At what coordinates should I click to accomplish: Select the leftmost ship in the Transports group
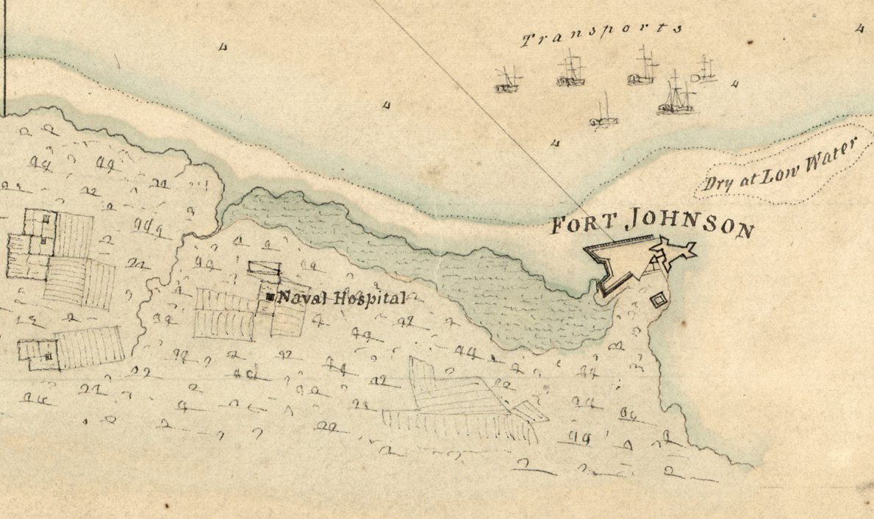pyautogui.click(x=507, y=81)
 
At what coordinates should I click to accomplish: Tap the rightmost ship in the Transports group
pyautogui.click(x=704, y=71)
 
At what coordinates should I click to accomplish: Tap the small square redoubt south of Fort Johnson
pyautogui.click(x=658, y=300)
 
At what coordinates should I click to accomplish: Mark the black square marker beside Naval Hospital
pyautogui.click(x=271, y=297)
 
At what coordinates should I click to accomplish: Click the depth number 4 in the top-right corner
pyautogui.click(x=859, y=29)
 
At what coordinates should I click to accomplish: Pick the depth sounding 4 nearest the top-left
pyautogui.click(x=223, y=48)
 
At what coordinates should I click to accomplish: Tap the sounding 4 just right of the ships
pyautogui.click(x=735, y=84)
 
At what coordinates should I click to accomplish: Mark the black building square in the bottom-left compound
pyautogui.click(x=49, y=356)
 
